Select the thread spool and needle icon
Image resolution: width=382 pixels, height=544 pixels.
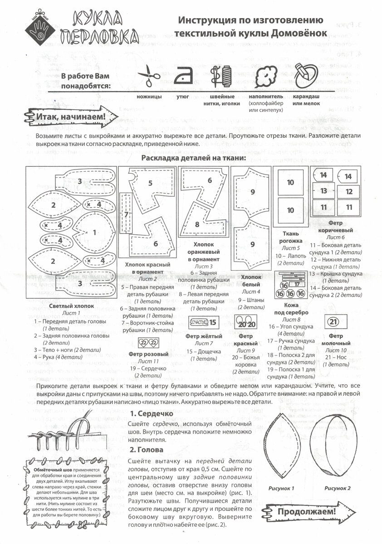pos(222,76)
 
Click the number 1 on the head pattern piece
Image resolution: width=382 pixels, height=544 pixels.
pos(94,233)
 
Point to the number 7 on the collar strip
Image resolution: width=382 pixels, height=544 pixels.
pos(126,214)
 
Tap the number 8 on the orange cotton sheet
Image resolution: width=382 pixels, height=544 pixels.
pos(197,224)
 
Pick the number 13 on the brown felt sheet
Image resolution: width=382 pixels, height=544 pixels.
pos(323,191)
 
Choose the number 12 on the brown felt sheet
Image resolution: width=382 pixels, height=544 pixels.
pos(349,192)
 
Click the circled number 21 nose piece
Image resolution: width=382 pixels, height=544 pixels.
pos(333,322)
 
